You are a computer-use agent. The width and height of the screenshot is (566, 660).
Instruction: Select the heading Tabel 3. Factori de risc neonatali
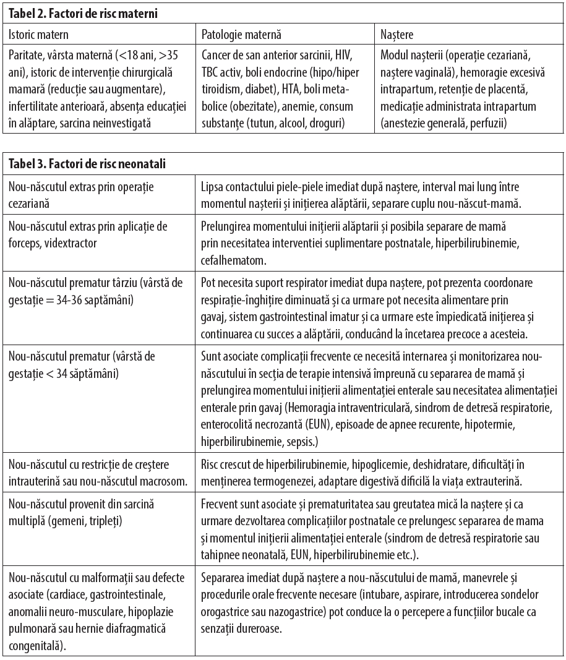coord(86,164)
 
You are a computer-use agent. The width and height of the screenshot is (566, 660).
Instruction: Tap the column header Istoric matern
coord(39,35)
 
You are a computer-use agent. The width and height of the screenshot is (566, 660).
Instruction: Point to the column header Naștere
coord(397,35)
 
